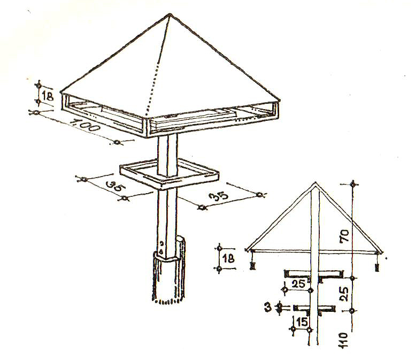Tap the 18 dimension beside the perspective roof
[48, 96]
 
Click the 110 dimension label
[343, 340]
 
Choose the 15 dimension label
[302, 322]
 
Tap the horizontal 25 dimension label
[298, 284]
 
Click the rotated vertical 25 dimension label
[344, 294]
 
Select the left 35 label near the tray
[116, 187]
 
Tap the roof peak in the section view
[315, 182]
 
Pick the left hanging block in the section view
[253, 265]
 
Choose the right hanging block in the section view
[376, 267]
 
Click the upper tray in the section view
[314, 274]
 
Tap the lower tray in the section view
[314, 309]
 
